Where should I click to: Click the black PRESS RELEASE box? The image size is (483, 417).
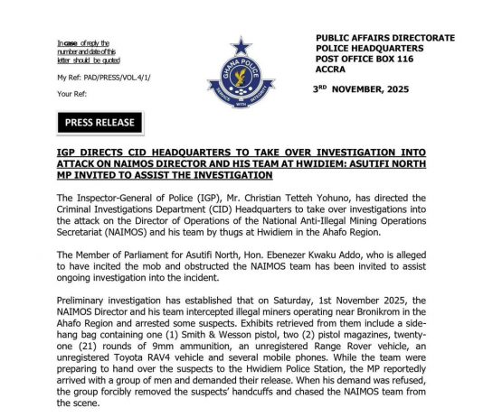100,122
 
